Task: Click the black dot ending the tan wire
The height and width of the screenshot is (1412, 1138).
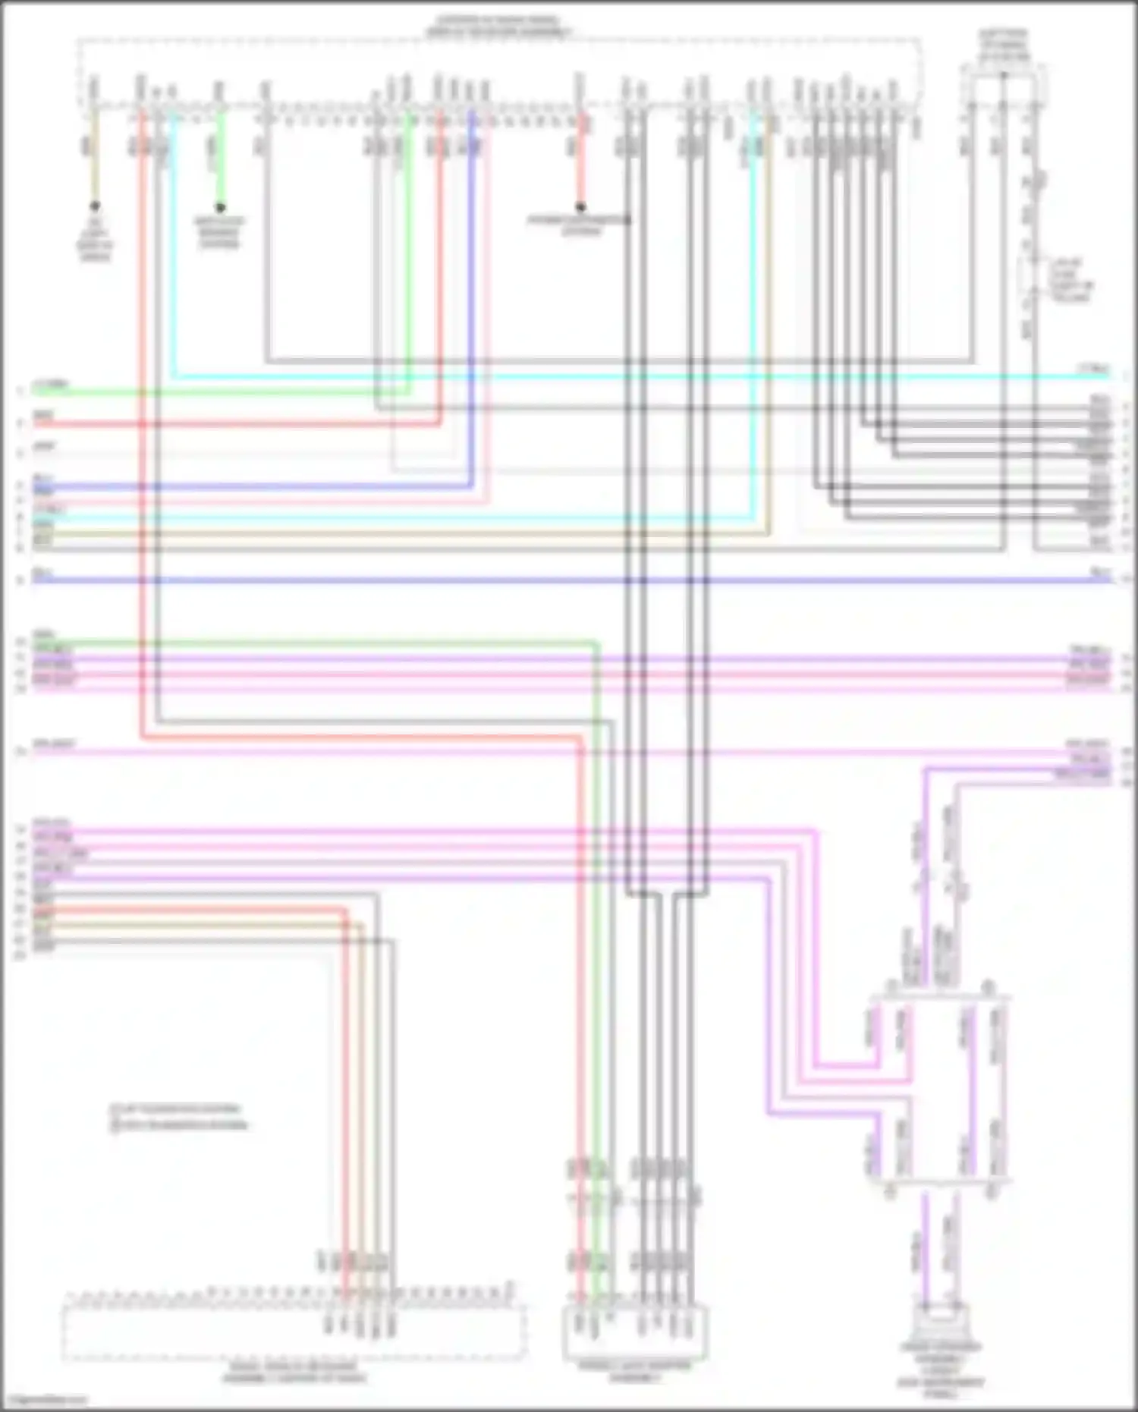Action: (x=95, y=206)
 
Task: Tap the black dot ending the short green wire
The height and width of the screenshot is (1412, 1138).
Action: (x=220, y=207)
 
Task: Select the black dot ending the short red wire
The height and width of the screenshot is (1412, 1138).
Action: (x=580, y=206)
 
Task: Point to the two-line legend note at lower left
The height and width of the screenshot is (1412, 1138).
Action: (x=179, y=1118)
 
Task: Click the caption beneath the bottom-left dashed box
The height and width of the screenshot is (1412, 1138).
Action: (x=294, y=1372)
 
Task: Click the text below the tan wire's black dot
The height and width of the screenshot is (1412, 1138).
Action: (x=95, y=241)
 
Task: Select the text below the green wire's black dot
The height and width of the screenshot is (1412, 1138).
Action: (x=219, y=232)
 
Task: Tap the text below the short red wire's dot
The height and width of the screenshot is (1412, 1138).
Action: (x=580, y=225)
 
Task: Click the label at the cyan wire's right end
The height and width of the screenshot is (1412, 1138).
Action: (x=1093, y=370)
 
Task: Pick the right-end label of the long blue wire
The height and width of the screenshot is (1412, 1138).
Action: (x=1101, y=572)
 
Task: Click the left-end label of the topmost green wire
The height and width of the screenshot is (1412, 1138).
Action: (x=50, y=385)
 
